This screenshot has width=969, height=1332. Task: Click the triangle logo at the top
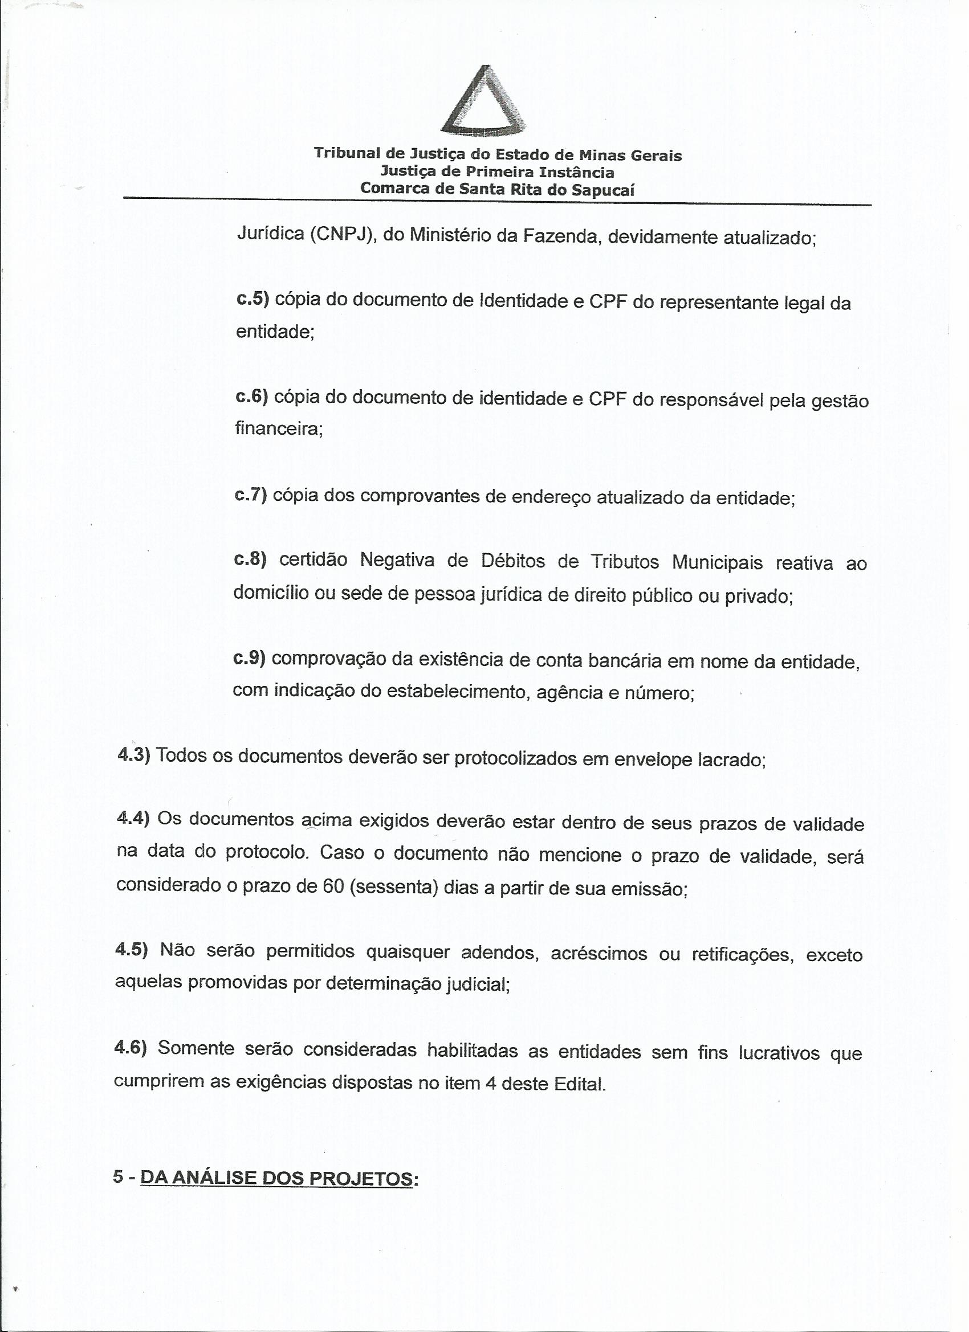pyautogui.click(x=483, y=103)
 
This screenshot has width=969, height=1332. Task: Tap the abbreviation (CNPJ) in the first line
pyautogui.click(x=343, y=235)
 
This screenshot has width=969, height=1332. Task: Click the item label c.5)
pyautogui.click(x=252, y=300)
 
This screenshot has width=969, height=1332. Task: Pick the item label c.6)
pyautogui.click(x=251, y=397)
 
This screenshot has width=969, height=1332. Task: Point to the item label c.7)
pyautogui.click(x=251, y=495)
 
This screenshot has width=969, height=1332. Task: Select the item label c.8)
pyautogui.click(x=250, y=559)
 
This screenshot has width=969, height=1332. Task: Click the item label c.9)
pyautogui.click(x=250, y=658)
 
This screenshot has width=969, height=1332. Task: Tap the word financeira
pyautogui.click(x=279, y=429)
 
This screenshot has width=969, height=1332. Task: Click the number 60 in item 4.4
pyautogui.click(x=333, y=886)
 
